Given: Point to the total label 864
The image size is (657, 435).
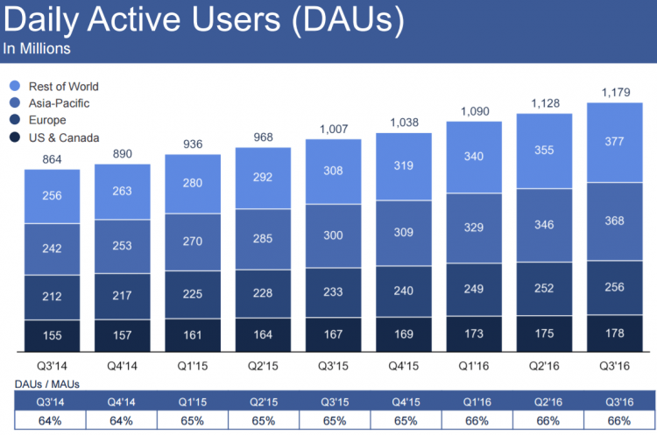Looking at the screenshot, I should coord(52,158).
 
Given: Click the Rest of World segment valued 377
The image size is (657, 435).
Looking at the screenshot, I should coord(615,142).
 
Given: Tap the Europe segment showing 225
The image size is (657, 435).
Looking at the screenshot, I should coord(193,293).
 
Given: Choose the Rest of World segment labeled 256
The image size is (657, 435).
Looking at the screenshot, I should coord(52,195).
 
